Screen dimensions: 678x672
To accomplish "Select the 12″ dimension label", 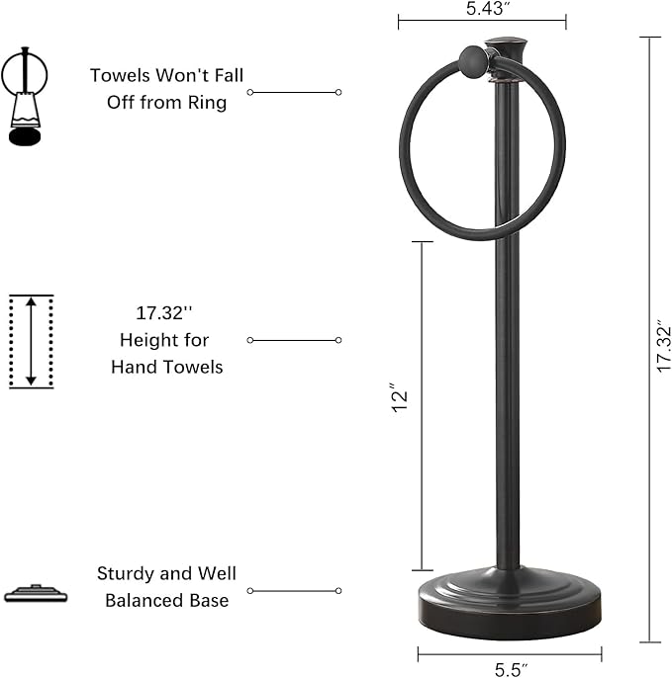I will pos(401,399).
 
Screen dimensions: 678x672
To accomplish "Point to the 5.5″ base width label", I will pos(510,669).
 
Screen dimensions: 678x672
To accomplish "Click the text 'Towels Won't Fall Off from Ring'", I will pos(166,89).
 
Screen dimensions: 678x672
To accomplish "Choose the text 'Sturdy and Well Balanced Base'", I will pos(166,586).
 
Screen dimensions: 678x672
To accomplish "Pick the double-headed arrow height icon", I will pos(31,341).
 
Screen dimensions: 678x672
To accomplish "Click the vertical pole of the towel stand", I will pos(508,395).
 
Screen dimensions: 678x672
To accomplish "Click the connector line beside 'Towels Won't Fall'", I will pos(294,92).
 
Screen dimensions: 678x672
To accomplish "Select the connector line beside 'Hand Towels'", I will pos(294,340).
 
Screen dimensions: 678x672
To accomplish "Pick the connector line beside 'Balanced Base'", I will pos(294,591).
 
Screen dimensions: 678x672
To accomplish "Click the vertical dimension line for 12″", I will pos(423,405).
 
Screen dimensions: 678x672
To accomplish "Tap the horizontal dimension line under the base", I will pos(510,653).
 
